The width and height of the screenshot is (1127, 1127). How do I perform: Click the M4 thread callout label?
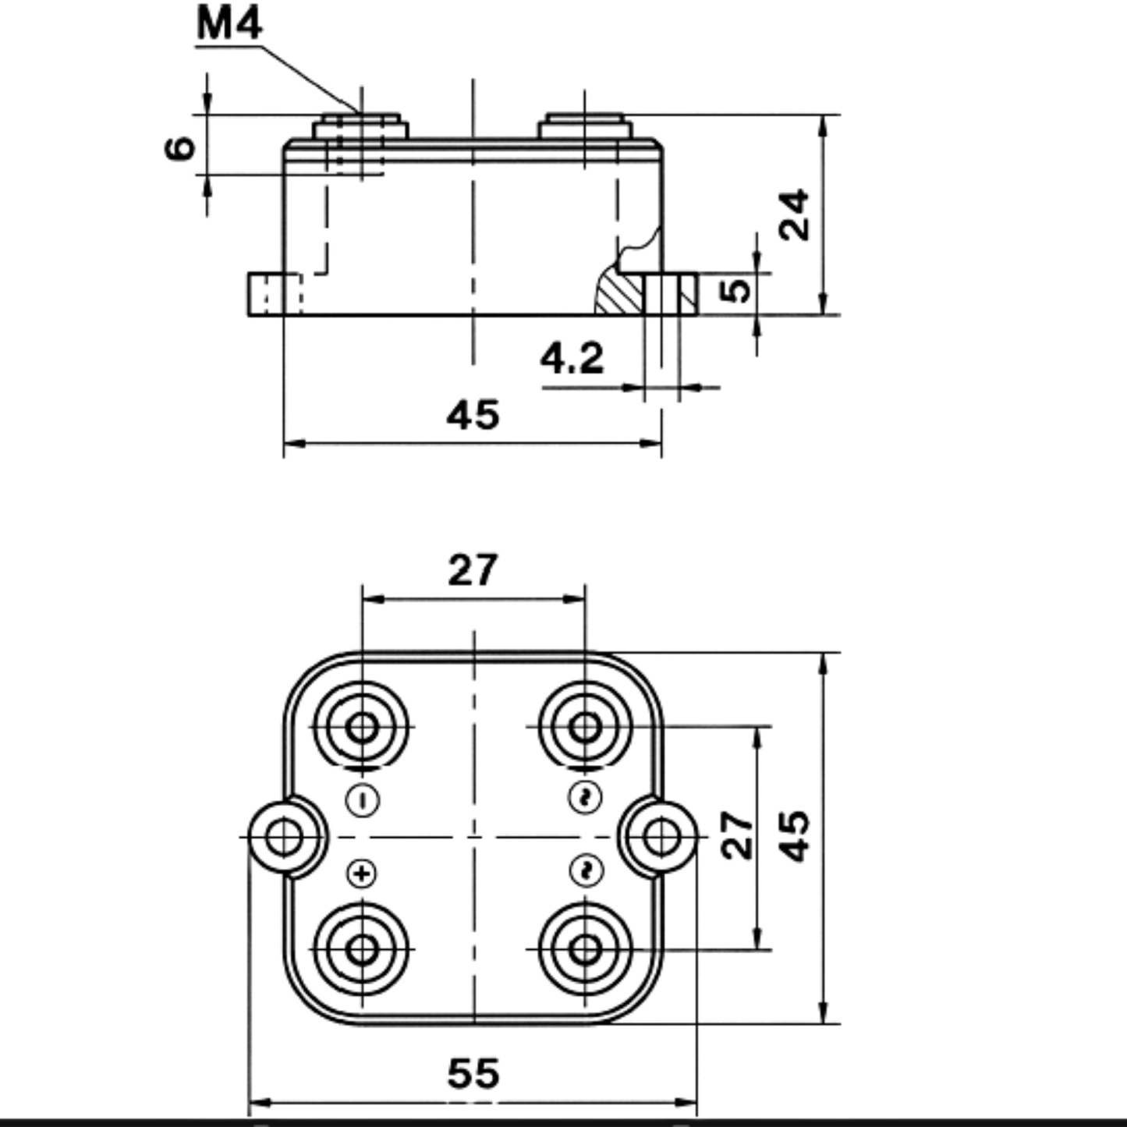coord(230,24)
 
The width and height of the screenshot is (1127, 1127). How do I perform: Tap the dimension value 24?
coord(794,214)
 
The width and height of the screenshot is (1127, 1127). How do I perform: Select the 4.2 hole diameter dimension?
coord(572,358)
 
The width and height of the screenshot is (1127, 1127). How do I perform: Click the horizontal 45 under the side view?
coord(473,415)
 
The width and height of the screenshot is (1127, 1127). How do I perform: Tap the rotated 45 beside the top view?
coord(794,836)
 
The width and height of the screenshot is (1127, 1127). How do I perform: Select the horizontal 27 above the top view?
coord(473,570)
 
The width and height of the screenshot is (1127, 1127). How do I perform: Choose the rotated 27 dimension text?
coord(737,835)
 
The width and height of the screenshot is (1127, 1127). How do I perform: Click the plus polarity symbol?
coord(363,874)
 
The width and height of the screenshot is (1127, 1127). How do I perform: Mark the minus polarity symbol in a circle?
coord(363,801)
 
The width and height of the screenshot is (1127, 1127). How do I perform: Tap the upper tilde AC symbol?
coord(586,797)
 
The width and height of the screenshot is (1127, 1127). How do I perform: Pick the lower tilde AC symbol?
coord(586,871)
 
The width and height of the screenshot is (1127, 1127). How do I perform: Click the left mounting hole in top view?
coord(284,837)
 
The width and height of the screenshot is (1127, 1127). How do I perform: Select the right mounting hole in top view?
coord(661,837)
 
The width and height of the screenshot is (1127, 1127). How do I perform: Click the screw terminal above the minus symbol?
coord(362,727)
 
